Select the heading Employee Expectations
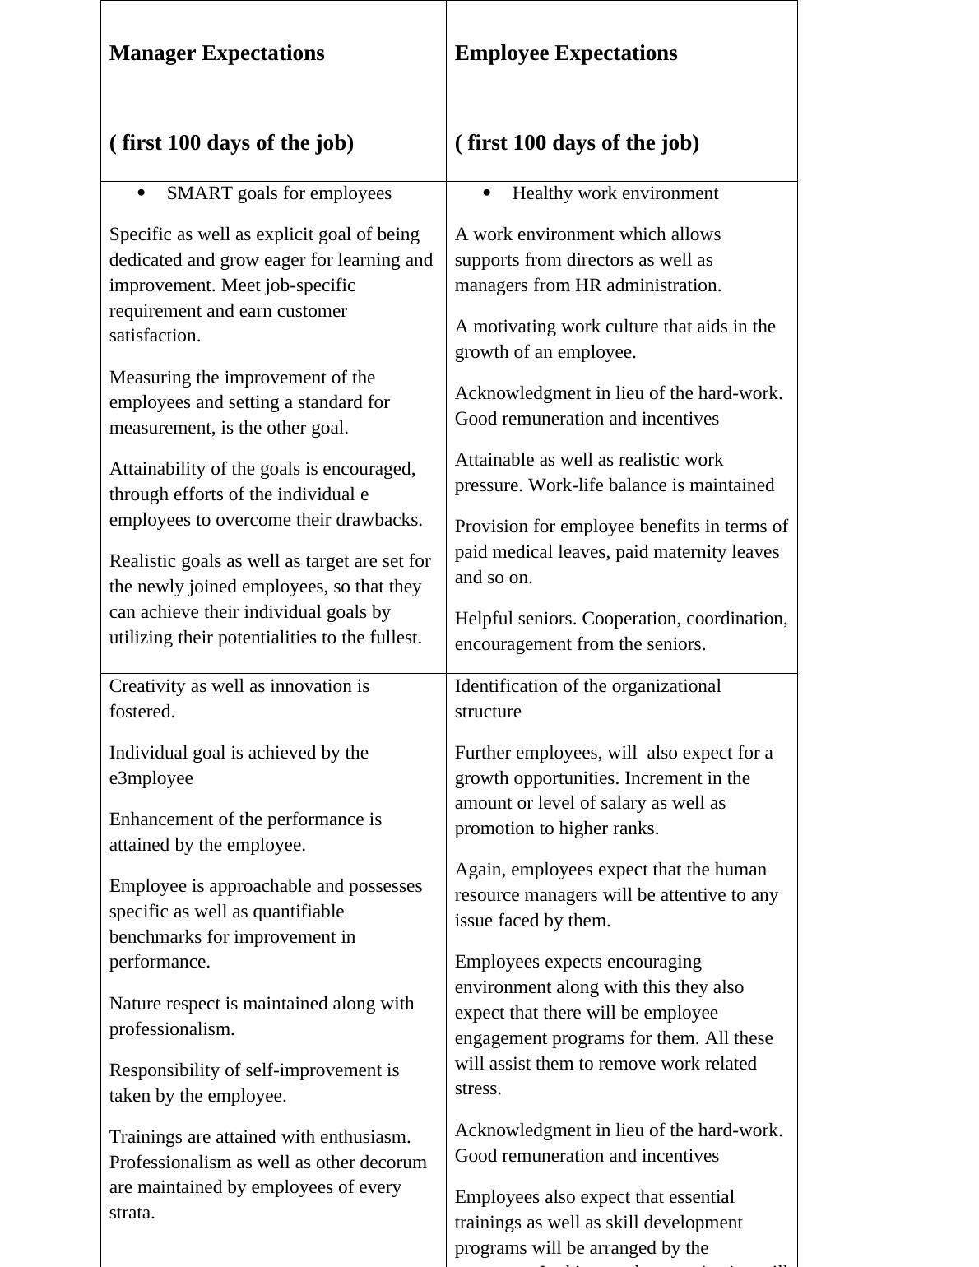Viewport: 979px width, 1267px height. pos(566,53)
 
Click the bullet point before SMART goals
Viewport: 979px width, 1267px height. pos(142,193)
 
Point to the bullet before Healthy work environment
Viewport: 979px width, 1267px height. pos(487,193)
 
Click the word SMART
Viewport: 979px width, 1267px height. pos(199,193)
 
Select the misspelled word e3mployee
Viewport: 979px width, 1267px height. pos(151,778)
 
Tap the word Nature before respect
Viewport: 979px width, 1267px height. pos(136,1004)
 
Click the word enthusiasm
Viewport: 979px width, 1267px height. pos(365,1137)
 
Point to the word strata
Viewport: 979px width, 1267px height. pos(132,1213)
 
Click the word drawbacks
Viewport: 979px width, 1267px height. pos(381,520)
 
